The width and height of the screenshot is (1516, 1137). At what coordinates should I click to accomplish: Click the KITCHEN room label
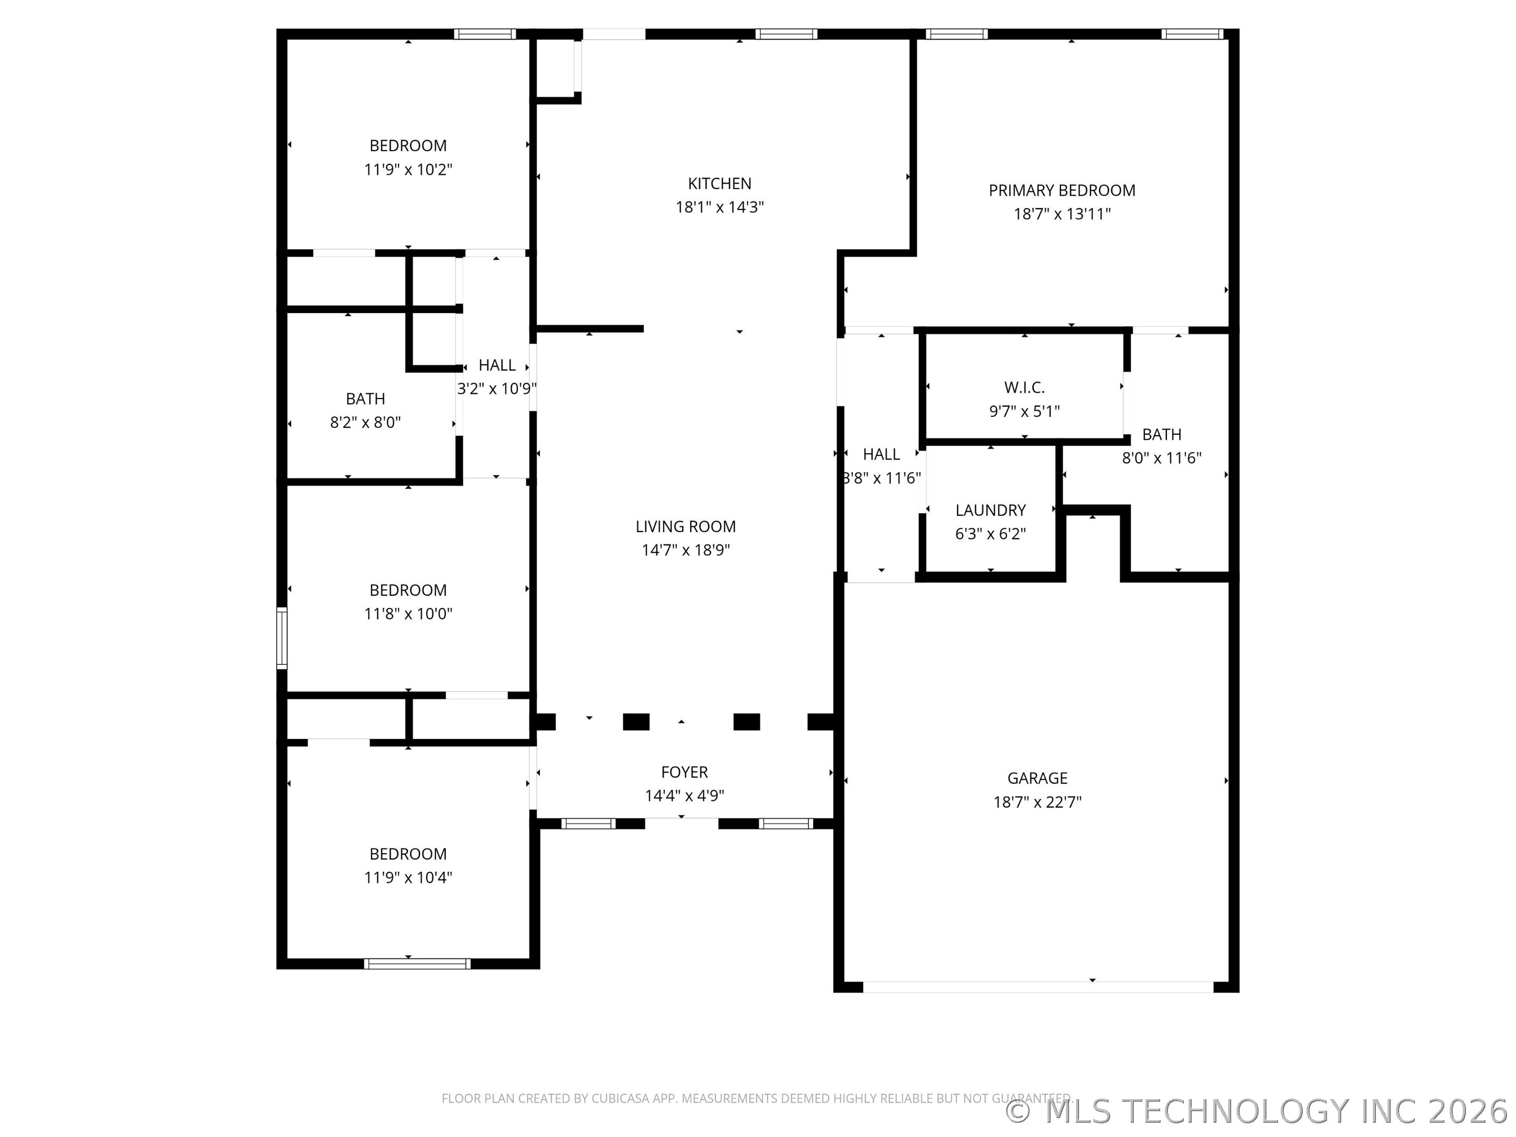pos(719,184)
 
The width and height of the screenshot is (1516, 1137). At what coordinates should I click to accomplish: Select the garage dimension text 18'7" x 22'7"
pos(1037,802)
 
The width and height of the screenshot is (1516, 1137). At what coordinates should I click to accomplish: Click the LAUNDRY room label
pos(990,510)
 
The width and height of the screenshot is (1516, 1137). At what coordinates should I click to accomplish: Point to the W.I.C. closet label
pos(1024,388)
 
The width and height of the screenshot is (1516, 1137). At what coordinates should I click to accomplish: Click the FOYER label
pos(684,772)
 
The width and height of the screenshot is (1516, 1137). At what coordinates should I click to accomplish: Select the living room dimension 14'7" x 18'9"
pos(685,550)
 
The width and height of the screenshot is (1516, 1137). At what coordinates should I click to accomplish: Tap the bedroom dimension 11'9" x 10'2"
pos(408,169)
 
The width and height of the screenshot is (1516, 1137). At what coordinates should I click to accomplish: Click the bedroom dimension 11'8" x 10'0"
pos(408,613)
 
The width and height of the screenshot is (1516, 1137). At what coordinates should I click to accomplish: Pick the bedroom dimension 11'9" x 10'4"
pos(408,877)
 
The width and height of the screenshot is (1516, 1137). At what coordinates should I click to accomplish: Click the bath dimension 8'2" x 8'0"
pos(365,422)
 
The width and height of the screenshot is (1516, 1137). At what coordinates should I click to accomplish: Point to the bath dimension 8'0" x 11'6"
pos(1161,458)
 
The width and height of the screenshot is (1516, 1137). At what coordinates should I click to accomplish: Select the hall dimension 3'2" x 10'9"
pos(497,388)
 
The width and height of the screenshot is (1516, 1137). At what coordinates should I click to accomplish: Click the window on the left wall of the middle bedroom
pos(282,637)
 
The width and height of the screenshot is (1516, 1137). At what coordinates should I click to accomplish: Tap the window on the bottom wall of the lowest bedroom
pos(417,964)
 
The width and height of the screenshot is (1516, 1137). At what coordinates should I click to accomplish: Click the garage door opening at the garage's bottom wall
pos(1038,987)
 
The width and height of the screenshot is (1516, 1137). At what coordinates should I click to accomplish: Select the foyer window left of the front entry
pos(588,824)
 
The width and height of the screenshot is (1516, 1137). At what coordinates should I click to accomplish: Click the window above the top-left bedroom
pos(485,34)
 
